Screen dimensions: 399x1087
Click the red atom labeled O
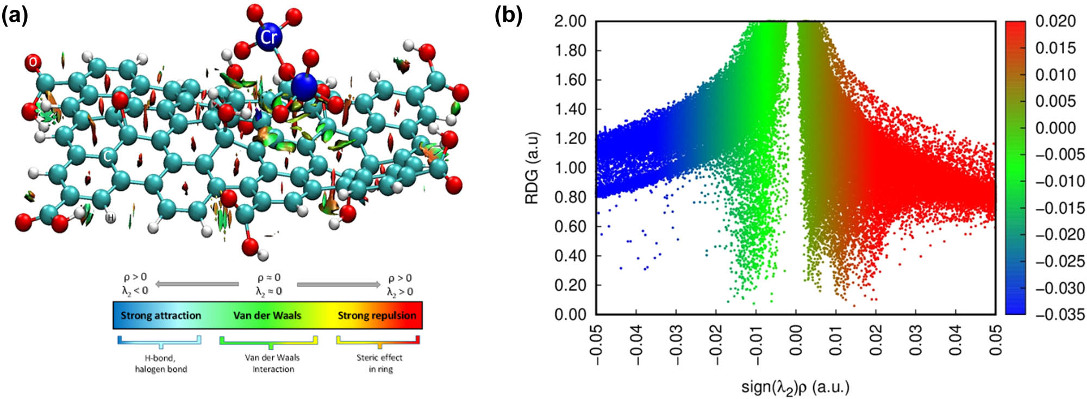point(33,63)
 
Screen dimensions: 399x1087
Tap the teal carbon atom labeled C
point(108,157)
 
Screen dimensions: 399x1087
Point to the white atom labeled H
point(110,217)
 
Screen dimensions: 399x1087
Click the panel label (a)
point(15,16)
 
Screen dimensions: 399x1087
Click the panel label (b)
point(508,16)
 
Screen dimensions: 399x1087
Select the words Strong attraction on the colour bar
point(161,316)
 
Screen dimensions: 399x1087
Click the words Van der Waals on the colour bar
point(267,316)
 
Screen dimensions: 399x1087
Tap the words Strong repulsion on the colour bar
point(377,316)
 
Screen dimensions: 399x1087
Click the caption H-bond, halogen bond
point(161,363)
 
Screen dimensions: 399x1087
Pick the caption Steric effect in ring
point(379,363)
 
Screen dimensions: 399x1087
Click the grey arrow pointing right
point(338,284)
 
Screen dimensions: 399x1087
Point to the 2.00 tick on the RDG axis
point(570,21)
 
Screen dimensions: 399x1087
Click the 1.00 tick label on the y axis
point(570,168)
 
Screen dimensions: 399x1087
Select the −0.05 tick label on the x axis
point(596,340)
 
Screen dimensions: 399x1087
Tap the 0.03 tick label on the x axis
point(916,340)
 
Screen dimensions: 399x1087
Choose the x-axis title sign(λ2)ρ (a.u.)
point(795,387)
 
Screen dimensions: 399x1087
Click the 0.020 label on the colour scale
point(1055,21)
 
